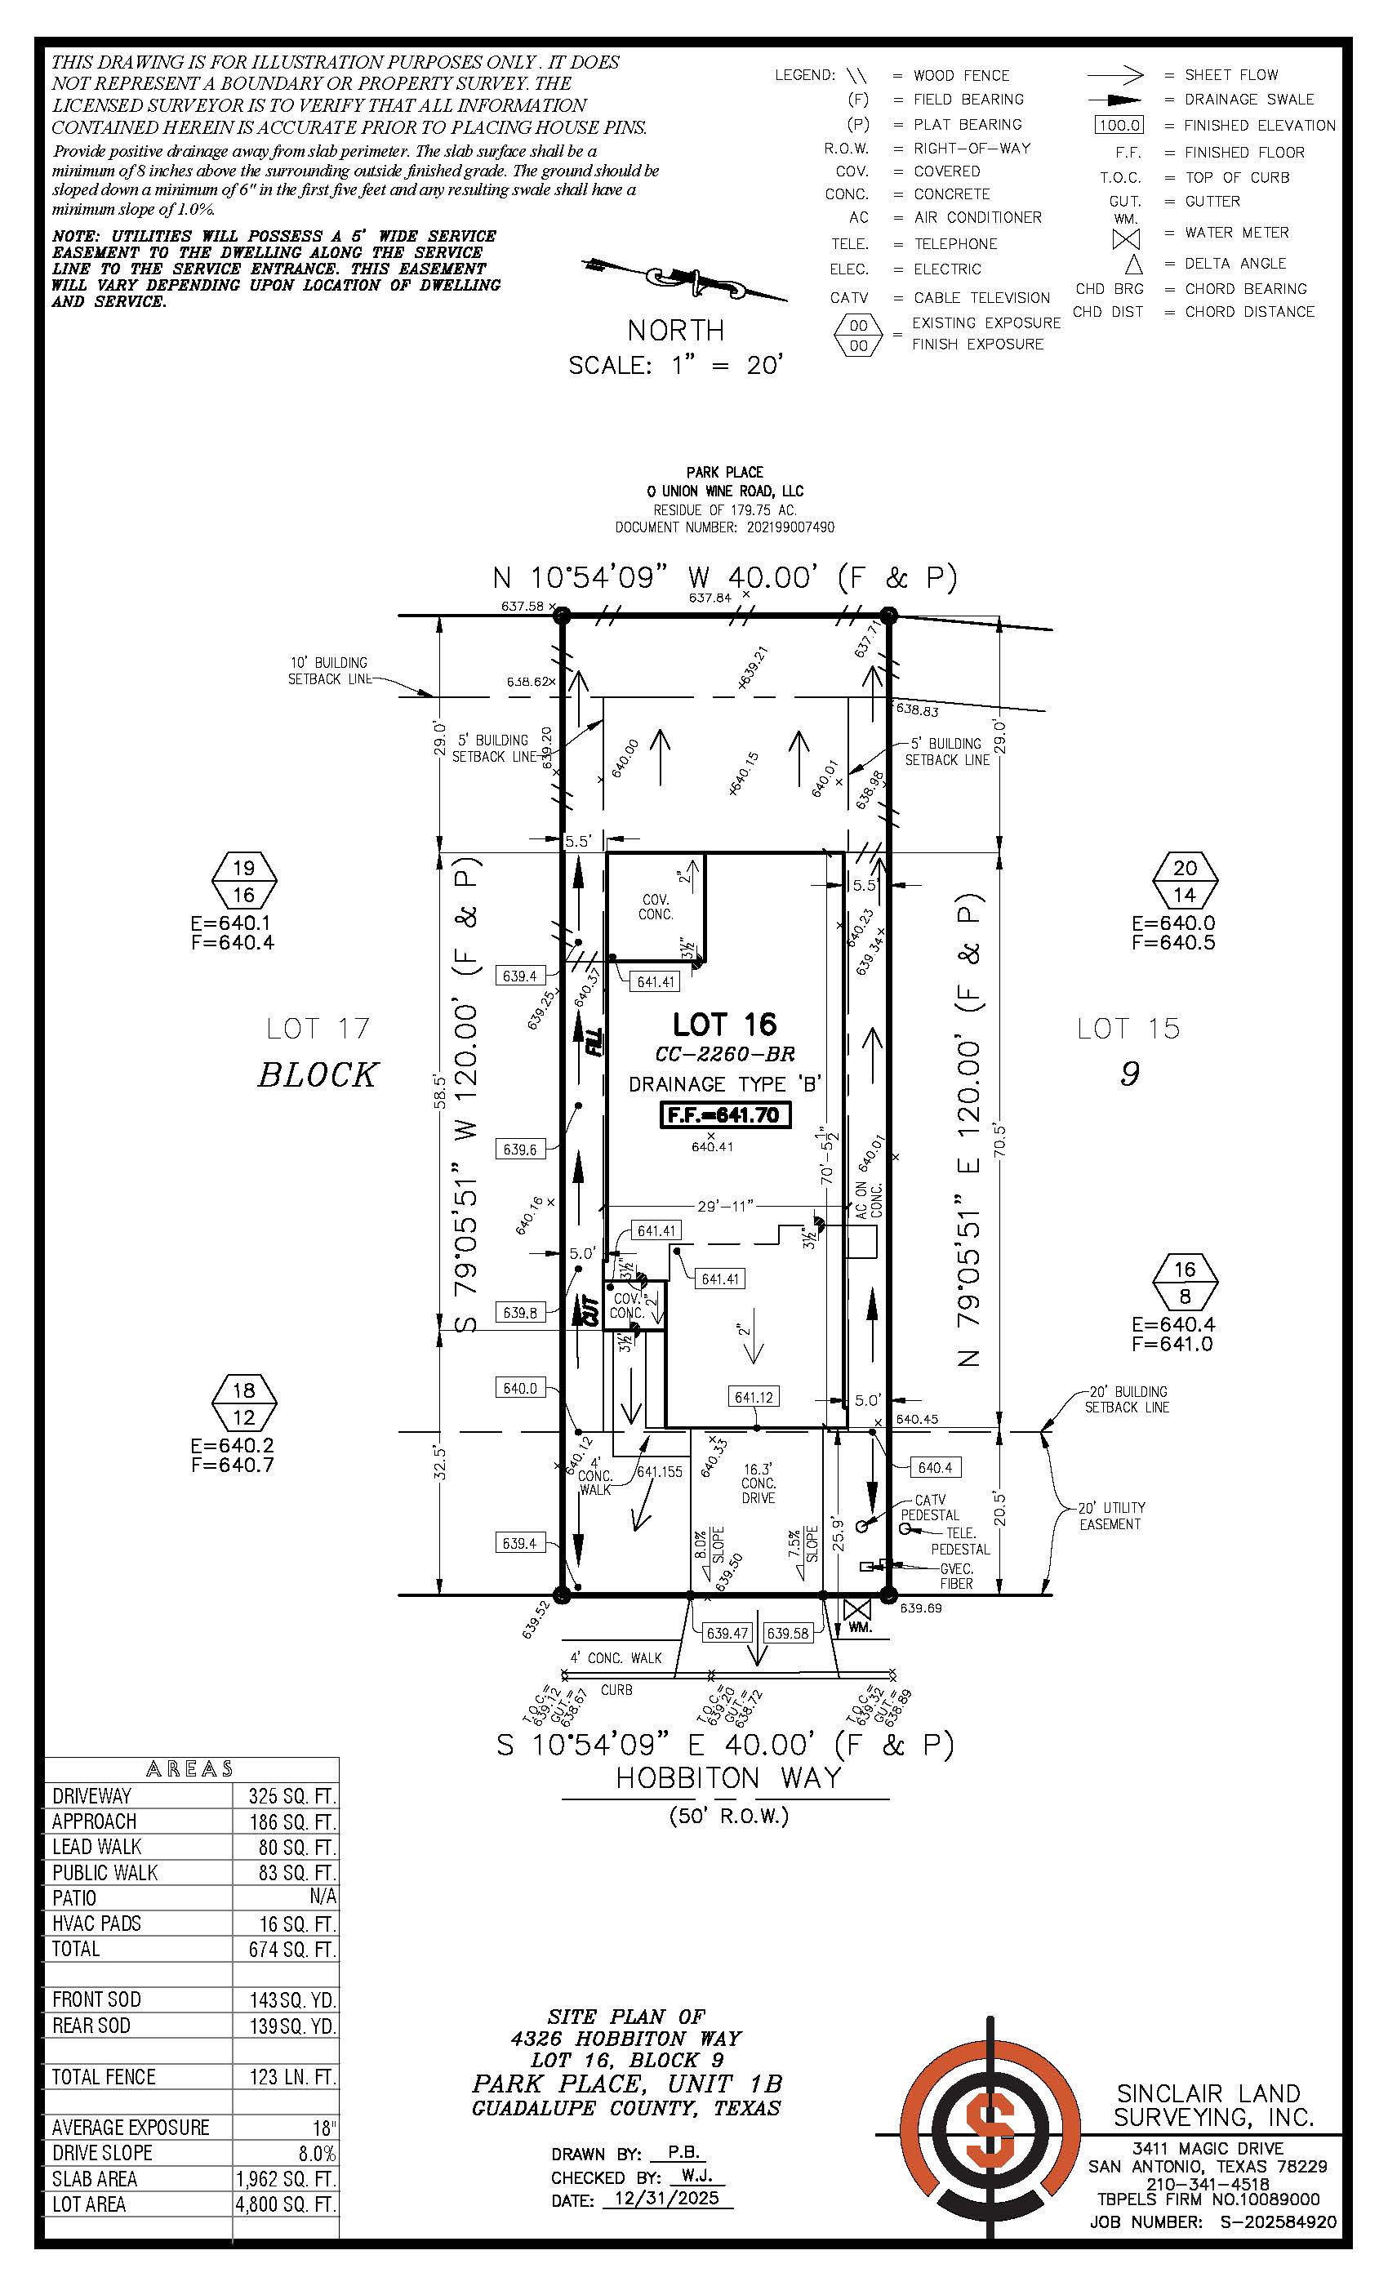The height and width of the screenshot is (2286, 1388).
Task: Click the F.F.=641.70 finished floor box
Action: pyautogui.click(x=726, y=1114)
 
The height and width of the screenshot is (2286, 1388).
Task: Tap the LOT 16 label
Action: pyautogui.click(x=725, y=1025)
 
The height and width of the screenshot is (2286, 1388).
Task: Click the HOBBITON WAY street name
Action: pyautogui.click(x=728, y=1777)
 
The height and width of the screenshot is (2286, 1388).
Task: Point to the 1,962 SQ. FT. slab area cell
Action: pyautogui.click(x=286, y=2178)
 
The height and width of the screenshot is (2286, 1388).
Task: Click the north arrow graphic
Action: pyautogui.click(x=685, y=279)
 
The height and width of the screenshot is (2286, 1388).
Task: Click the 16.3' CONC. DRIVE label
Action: pyautogui.click(x=758, y=1483)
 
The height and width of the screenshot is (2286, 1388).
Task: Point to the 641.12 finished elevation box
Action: pyautogui.click(x=754, y=1397)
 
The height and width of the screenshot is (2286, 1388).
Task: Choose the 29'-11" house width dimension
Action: pyautogui.click(x=725, y=1206)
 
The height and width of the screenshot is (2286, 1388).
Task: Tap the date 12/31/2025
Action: pyautogui.click(x=667, y=2199)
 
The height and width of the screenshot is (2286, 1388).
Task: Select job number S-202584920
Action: pyautogui.click(x=1270, y=2222)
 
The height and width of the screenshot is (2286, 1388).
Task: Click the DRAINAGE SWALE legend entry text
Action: pyautogui.click(x=1249, y=100)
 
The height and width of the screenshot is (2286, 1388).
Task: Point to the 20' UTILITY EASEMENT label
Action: pyautogui.click(x=1111, y=1515)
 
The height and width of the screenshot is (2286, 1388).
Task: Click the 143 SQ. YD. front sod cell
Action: pyautogui.click(x=286, y=1999)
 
